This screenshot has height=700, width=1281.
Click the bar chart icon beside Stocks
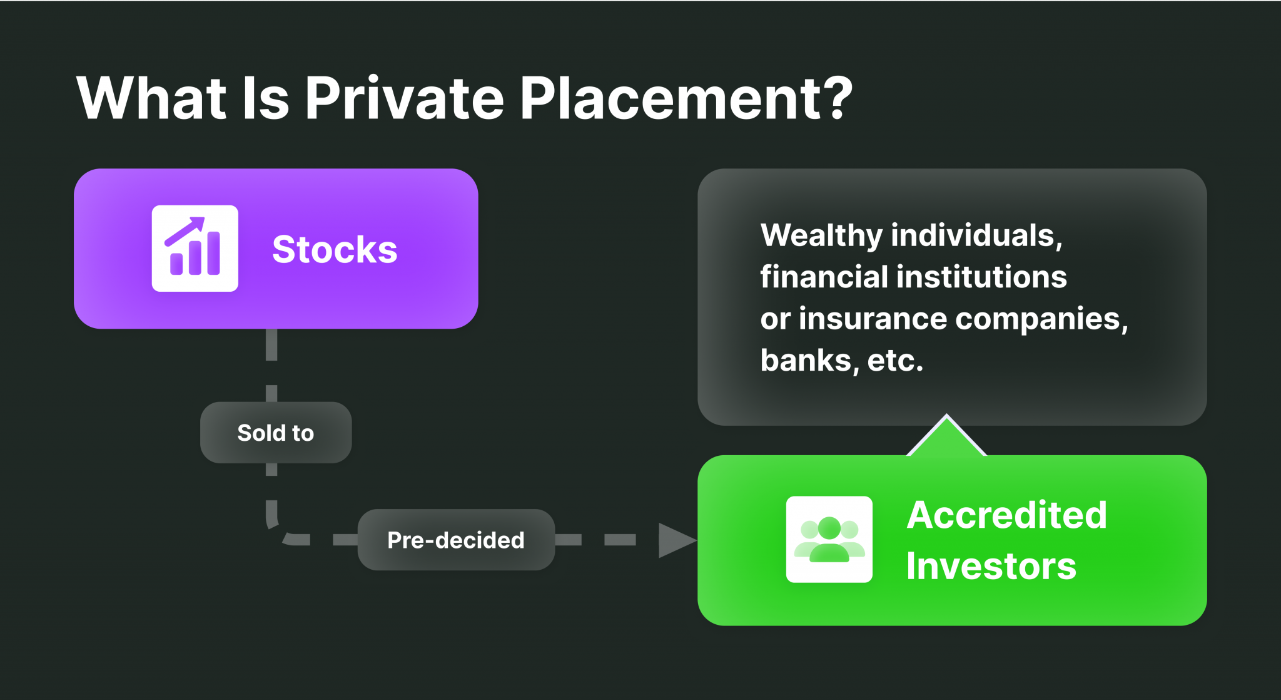click(195, 248)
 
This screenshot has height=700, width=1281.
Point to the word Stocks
click(335, 249)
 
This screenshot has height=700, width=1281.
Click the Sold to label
click(276, 433)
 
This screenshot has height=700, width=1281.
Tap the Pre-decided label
click(456, 540)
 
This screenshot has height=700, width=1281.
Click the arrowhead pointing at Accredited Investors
click(677, 540)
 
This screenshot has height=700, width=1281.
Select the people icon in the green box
click(829, 539)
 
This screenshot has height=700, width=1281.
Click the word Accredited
click(1007, 515)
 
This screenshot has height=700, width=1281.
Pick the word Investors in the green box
click(991, 566)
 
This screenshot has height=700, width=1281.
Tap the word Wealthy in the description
click(821, 236)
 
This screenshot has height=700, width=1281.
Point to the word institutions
click(981, 277)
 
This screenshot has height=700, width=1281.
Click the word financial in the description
click(824, 277)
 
